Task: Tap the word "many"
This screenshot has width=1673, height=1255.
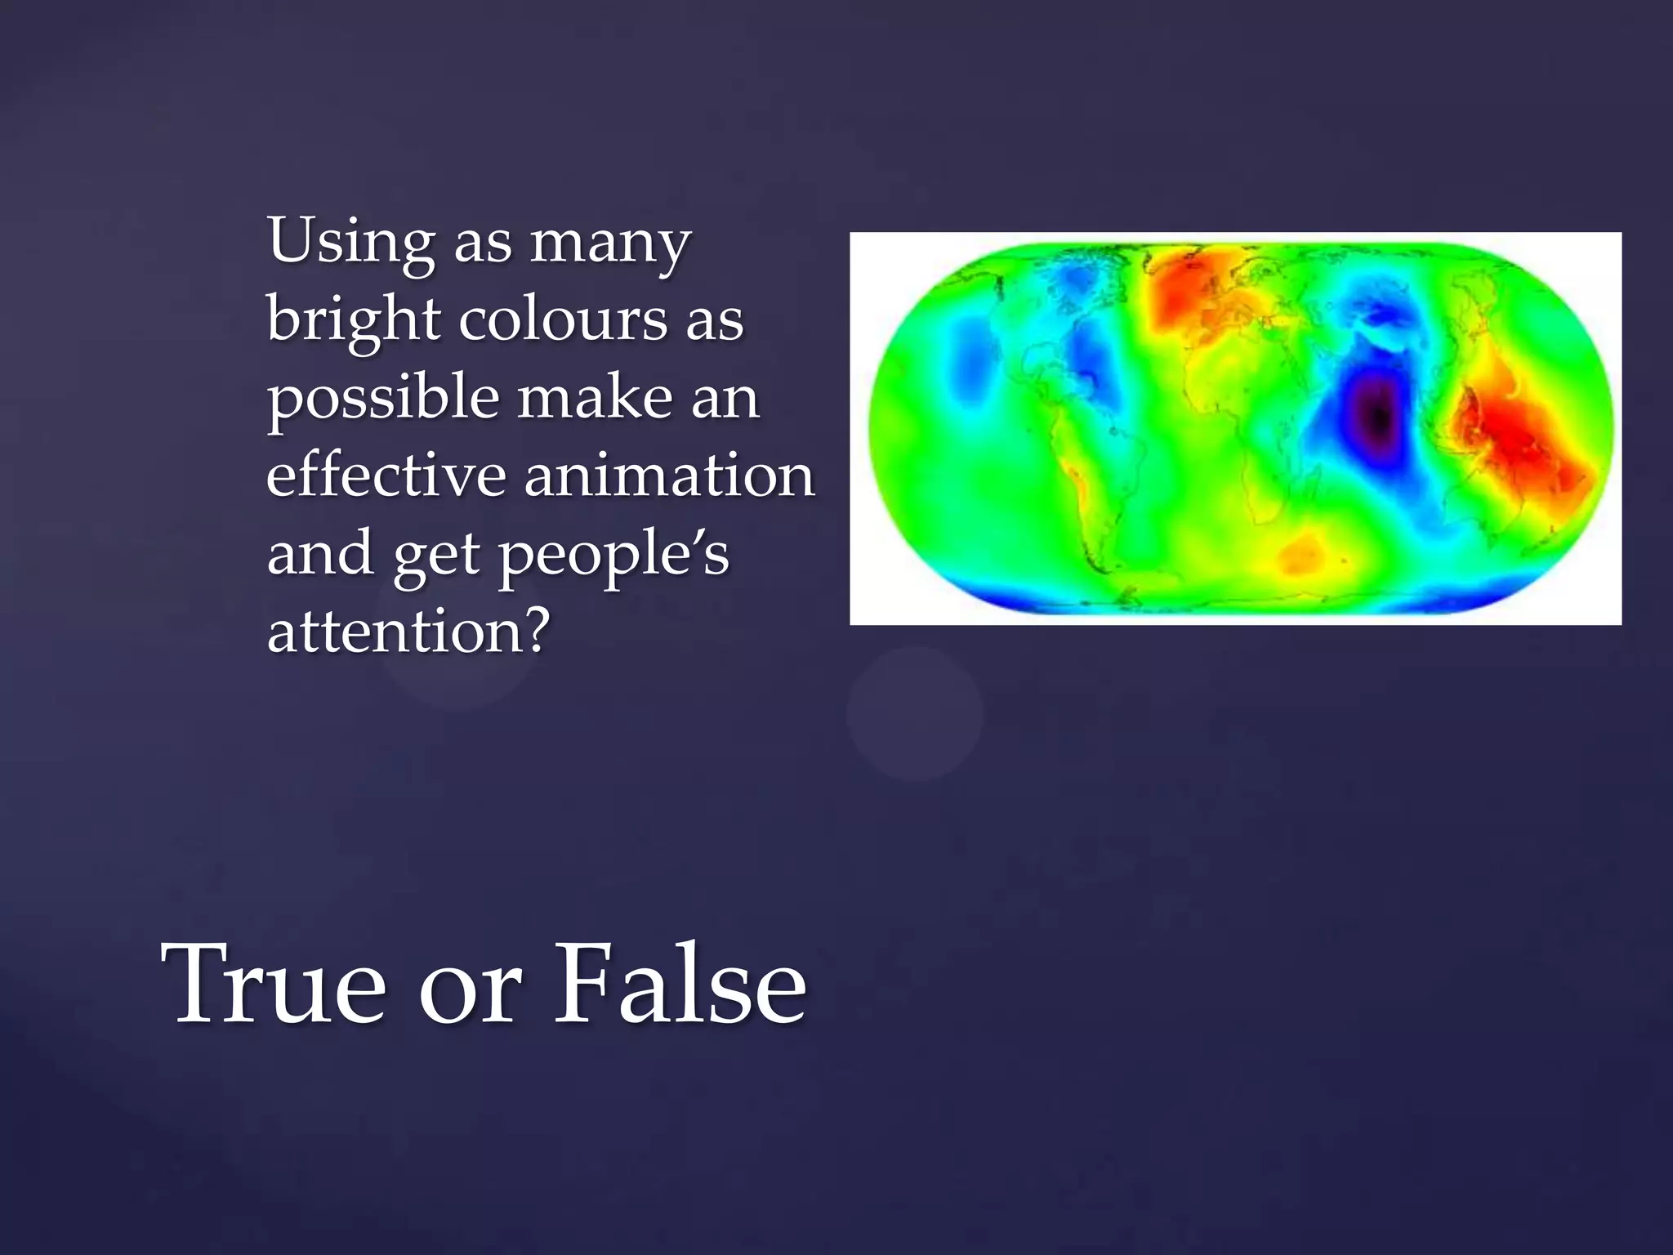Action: coord(610,243)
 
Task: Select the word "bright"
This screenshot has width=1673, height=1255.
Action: coord(353,320)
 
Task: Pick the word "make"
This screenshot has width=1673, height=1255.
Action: coord(595,397)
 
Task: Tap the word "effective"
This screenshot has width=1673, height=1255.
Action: coord(386,475)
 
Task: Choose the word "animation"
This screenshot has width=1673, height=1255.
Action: coord(669,475)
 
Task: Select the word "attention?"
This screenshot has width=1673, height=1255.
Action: coord(406,632)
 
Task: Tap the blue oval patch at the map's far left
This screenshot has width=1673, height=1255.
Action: coord(970,359)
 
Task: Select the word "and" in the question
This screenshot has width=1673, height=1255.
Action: coord(319,553)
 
